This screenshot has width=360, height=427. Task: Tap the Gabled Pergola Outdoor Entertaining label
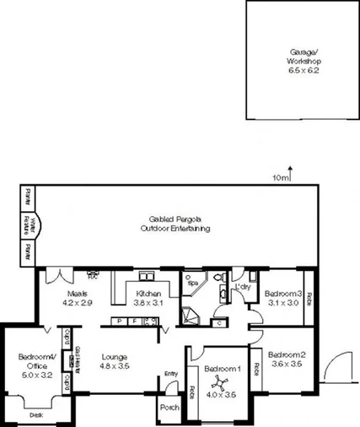click(175, 224)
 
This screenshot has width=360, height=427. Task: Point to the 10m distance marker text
click(281, 179)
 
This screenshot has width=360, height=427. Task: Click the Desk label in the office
click(35, 414)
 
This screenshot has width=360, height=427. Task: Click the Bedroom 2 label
click(285, 360)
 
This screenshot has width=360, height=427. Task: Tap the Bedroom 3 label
click(283, 297)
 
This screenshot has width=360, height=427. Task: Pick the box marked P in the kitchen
click(120, 321)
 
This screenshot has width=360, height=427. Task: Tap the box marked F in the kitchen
click(133, 321)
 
